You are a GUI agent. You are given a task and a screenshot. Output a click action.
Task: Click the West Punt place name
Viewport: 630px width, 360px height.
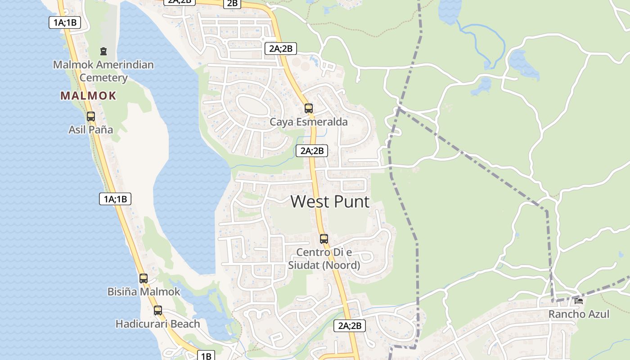tap(330, 201)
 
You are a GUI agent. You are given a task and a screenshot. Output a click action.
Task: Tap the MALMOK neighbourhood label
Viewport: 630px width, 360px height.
tap(88, 95)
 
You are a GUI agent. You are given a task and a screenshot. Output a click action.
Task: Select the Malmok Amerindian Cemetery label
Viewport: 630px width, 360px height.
tap(103, 71)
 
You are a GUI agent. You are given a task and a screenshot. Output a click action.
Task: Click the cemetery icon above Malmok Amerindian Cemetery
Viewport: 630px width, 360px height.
tap(103, 51)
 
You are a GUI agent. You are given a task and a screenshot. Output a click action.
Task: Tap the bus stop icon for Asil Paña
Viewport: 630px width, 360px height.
tap(91, 117)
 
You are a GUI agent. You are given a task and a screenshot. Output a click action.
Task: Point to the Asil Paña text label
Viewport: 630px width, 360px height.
tap(91, 130)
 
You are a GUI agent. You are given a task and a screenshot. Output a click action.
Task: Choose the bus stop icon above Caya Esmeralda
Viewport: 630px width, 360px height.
tap(308, 108)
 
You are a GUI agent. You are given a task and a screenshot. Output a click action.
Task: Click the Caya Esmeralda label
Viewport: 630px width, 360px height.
tap(308, 122)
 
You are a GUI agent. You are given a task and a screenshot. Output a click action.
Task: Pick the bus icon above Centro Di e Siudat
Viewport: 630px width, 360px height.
tap(324, 239)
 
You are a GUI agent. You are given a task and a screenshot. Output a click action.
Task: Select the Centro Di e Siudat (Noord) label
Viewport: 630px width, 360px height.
tap(324, 259)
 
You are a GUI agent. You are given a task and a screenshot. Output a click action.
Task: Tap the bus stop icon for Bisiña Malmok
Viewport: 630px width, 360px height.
tap(144, 278)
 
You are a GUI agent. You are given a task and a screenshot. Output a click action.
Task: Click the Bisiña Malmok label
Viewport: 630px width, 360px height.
tap(144, 292)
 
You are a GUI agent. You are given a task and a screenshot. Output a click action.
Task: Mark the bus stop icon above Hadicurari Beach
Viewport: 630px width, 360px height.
tap(157, 310)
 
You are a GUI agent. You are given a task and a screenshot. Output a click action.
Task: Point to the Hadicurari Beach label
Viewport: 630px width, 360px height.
tap(157, 324)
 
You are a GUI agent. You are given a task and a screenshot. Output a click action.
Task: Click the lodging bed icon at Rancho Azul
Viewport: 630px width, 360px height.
tap(579, 301)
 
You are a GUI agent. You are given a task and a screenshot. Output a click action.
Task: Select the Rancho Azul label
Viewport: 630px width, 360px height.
tap(579, 314)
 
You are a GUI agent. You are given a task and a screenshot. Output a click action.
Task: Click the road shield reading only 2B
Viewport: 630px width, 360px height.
tap(232, 4)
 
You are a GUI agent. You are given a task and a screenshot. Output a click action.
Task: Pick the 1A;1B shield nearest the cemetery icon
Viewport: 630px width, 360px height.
tap(65, 22)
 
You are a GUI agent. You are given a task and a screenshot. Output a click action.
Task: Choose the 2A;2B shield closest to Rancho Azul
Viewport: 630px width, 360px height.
tap(350, 325)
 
